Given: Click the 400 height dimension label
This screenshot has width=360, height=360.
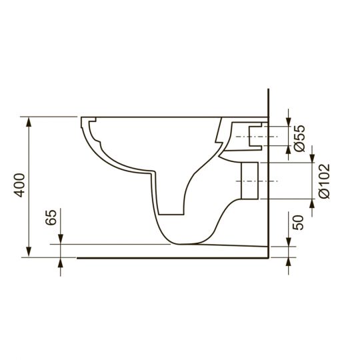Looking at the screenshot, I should [19, 185].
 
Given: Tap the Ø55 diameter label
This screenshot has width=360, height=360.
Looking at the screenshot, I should [299, 137].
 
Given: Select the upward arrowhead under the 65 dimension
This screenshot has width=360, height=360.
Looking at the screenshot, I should [61, 262].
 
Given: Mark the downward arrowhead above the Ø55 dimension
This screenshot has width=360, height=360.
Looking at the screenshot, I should [287, 120].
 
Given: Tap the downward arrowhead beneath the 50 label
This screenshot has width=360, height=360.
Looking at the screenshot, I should [287, 241].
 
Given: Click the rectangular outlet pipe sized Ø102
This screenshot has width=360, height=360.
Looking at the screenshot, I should [247, 181].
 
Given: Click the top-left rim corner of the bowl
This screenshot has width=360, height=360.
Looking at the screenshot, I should [82, 120].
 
